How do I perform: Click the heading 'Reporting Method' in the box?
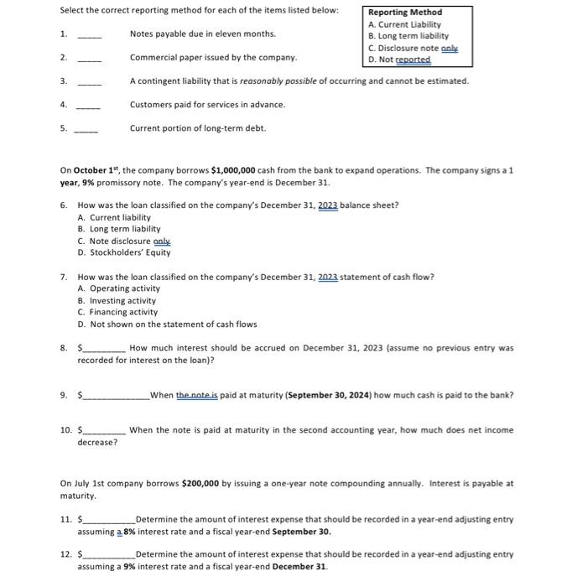tap(405, 13)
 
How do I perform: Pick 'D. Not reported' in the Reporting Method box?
tap(399, 60)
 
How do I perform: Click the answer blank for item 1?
tap(90, 35)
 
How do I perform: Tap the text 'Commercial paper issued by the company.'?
tap(213, 58)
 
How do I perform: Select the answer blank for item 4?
tap(90, 106)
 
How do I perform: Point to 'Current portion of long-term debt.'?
tap(198, 128)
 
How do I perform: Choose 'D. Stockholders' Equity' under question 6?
tap(124, 252)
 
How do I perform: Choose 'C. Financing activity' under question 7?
tap(117, 312)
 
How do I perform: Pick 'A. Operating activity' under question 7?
tap(118, 288)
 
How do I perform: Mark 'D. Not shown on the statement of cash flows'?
tap(167, 324)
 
